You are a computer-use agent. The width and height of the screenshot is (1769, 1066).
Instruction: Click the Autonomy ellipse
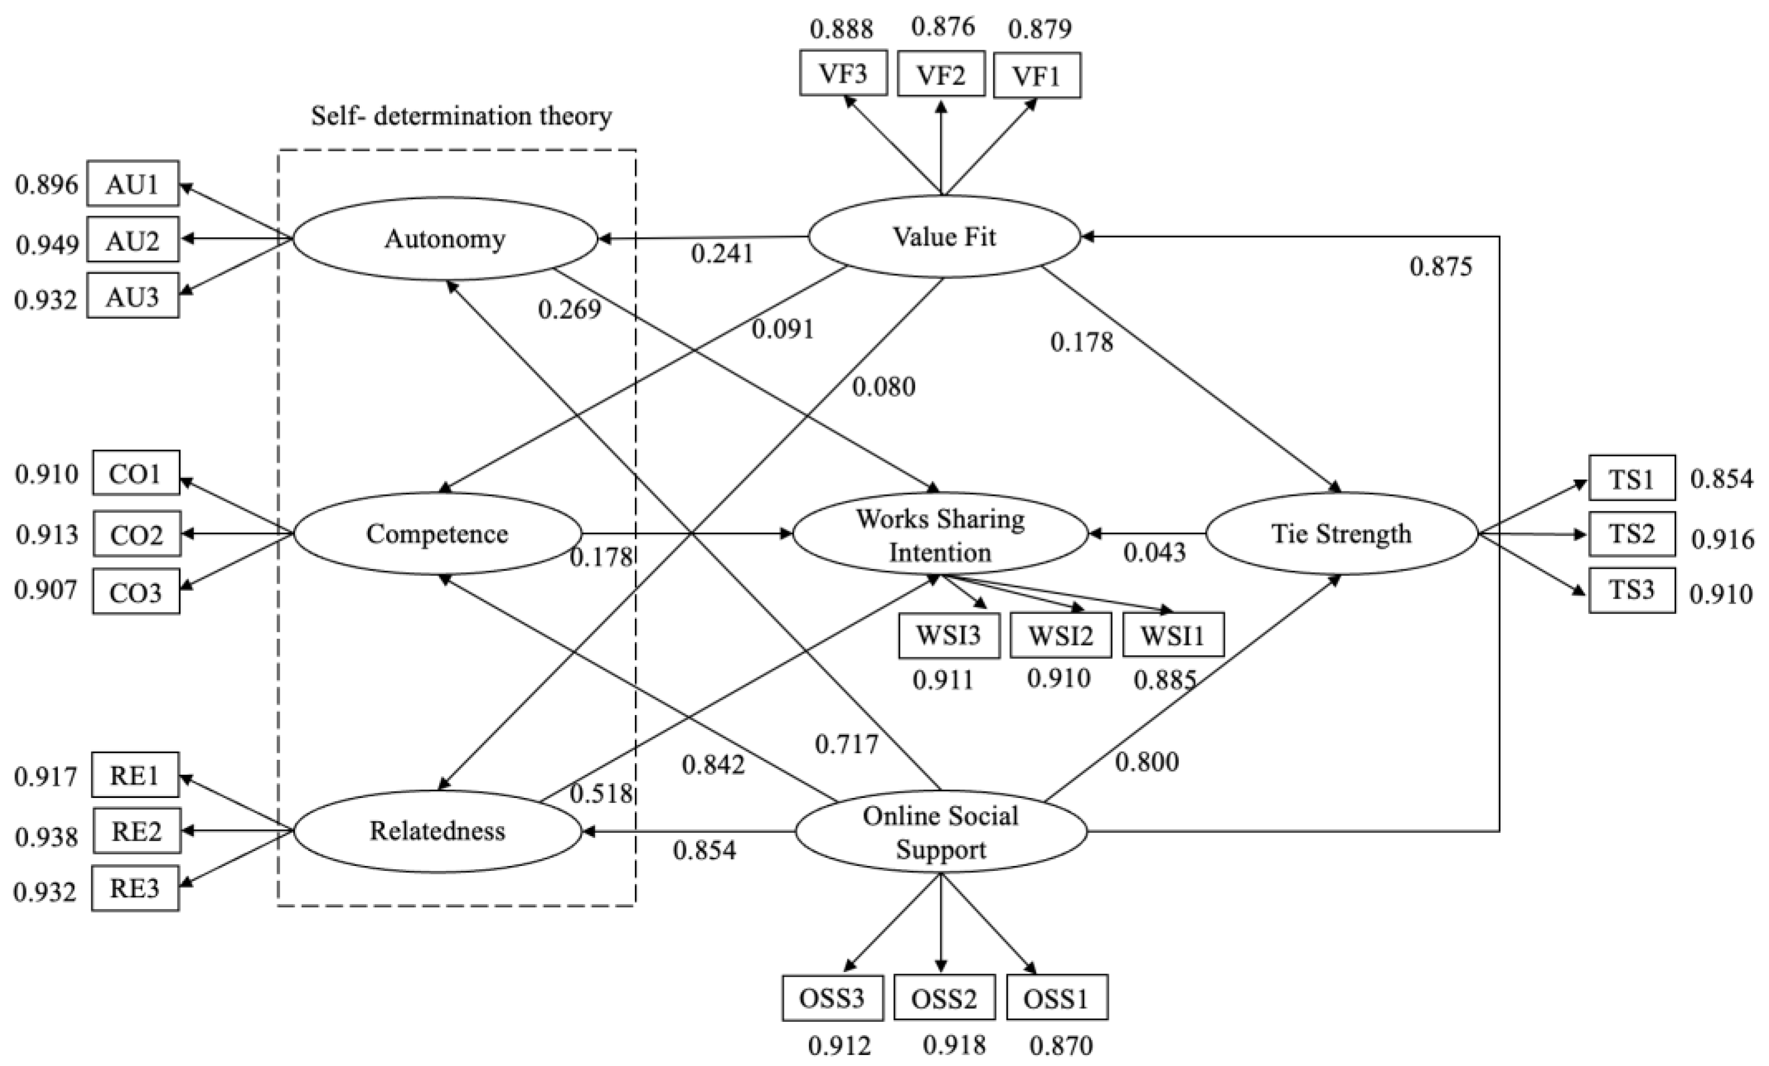pyautogui.click(x=445, y=239)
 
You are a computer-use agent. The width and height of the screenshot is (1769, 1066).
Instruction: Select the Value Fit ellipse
pyautogui.click(x=944, y=237)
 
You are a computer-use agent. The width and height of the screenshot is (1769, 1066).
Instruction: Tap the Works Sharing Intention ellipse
pyautogui.click(x=940, y=534)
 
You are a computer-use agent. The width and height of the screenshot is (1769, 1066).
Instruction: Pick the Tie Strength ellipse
pyautogui.click(x=1341, y=534)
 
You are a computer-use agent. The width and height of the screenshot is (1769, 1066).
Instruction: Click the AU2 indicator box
pyautogui.click(x=133, y=240)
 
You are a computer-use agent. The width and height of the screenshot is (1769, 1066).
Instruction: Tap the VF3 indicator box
pyautogui.click(x=843, y=73)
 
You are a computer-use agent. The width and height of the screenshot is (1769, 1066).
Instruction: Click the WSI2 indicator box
pyautogui.click(x=1060, y=635)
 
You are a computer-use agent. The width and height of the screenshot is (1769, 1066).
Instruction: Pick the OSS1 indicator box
pyautogui.click(x=1056, y=998)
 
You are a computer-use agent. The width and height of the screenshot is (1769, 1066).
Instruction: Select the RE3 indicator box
pyautogui.click(x=135, y=889)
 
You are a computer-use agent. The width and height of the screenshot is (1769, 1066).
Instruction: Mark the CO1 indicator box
pyautogui.click(x=136, y=474)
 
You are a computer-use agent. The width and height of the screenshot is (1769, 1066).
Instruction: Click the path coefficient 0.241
pyautogui.click(x=722, y=254)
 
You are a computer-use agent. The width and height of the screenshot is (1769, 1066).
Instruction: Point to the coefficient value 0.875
pyautogui.click(x=1441, y=267)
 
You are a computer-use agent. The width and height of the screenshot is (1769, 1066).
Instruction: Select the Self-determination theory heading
pyautogui.click(x=461, y=115)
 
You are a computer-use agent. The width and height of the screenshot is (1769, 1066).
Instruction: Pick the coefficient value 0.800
pyautogui.click(x=1146, y=762)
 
